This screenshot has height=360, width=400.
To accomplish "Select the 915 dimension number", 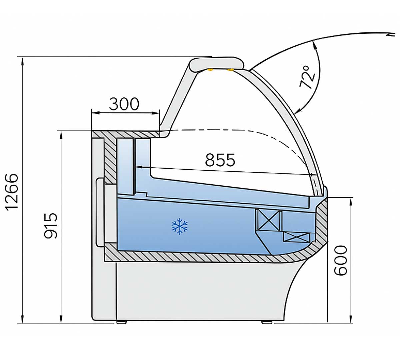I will pos(51,226).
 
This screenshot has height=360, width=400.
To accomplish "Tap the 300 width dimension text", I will pos(124,104).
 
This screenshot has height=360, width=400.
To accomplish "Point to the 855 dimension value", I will pos(220,160).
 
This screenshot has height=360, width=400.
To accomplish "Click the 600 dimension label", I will pos(341,260).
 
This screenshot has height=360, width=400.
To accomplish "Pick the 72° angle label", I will pos(307,77).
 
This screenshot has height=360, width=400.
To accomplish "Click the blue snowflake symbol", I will pos(180,227).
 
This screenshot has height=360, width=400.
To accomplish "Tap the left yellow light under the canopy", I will pos(210,70).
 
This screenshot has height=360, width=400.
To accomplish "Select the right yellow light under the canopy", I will pos(230,70).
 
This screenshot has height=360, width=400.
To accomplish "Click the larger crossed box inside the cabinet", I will pos(269,220).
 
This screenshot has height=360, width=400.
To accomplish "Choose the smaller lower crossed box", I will pos(296,237).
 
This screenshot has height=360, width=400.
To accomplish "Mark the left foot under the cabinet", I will pos(121,322).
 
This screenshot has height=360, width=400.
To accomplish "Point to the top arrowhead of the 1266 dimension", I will pos(22,60).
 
